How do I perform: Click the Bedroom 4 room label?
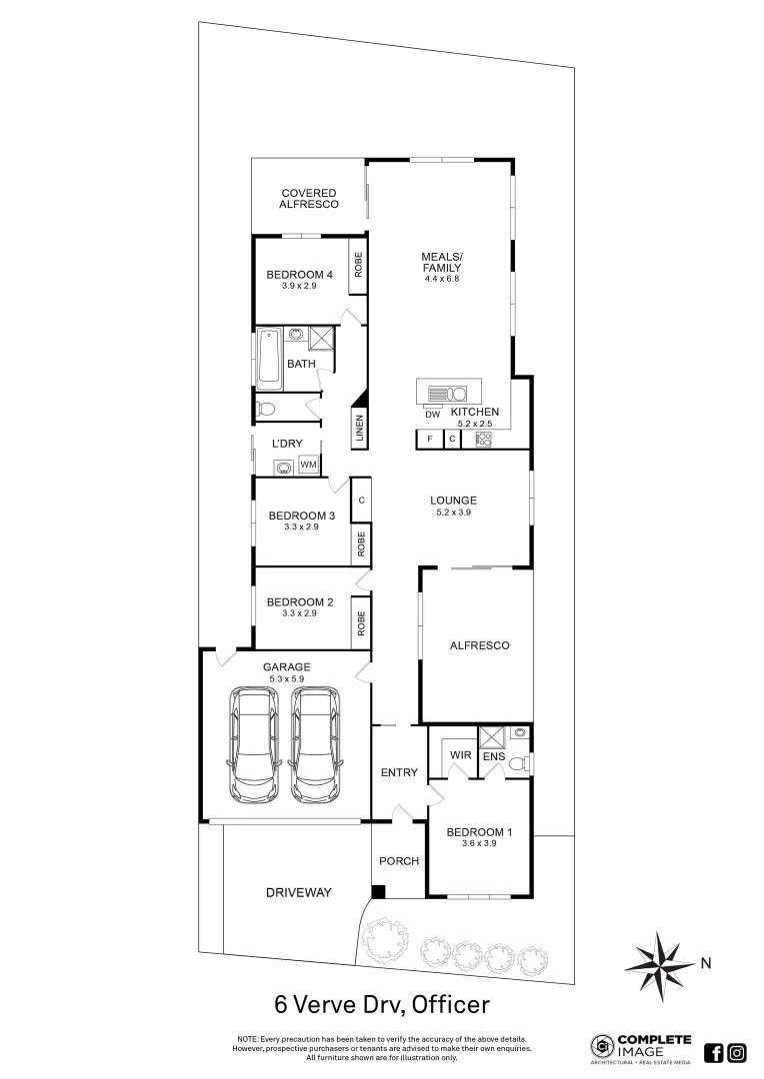299,275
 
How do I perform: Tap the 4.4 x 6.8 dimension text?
440,278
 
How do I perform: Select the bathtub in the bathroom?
270,358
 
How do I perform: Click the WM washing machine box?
309,465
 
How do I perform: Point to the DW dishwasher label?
432,415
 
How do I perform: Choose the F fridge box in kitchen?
429,439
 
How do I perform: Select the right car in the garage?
314,743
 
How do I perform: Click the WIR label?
461,755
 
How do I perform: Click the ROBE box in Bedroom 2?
359,623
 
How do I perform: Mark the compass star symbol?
659,964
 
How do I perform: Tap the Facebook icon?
714,1052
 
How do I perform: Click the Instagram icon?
737,1052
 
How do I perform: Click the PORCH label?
398,861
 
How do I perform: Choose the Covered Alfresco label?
309,198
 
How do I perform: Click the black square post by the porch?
378,891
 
